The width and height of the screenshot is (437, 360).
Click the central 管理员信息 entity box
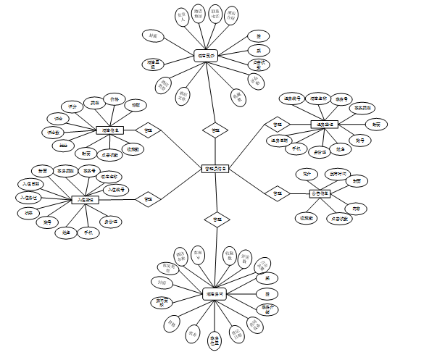tap(215, 169)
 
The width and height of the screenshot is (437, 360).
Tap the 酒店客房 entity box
tap(215, 294)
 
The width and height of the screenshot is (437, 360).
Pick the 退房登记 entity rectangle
tap(325, 125)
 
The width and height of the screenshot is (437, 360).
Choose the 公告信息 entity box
tap(320, 193)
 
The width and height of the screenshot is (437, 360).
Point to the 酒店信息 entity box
tap(109, 130)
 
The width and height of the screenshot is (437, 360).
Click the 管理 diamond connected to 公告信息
tap(278, 193)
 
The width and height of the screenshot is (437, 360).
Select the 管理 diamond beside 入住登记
tap(149, 198)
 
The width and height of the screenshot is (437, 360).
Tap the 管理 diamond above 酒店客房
tap(215, 218)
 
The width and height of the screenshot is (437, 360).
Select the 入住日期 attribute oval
tap(30, 184)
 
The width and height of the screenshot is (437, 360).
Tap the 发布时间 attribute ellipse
tap(337, 174)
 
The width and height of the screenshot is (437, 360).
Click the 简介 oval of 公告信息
tap(307, 175)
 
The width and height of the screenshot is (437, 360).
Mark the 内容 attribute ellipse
tap(355, 208)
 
